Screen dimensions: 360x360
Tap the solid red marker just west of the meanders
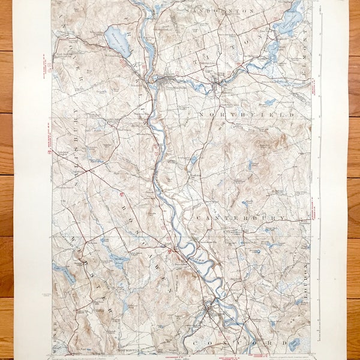click(x=170, y=251)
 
